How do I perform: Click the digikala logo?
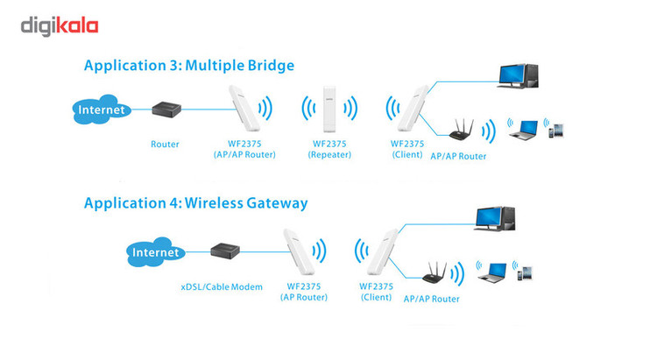[60, 26]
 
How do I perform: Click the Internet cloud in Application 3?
[102, 109]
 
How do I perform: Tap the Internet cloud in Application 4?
[155, 252]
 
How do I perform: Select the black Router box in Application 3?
[166, 109]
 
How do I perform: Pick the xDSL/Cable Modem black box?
[225, 251]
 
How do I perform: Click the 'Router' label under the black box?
[165, 145]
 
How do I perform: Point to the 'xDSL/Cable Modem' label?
[222, 287]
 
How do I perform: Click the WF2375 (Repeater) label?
[329, 149]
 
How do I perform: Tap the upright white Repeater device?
[329, 109]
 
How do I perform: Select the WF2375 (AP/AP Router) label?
[244, 149]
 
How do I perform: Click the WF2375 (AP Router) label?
[304, 292]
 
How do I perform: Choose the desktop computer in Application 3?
[518, 76]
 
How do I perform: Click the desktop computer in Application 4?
[495, 219]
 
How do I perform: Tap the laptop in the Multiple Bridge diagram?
[524, 130]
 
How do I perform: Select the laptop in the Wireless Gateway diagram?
[492, 272]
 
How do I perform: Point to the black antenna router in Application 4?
[434, 273]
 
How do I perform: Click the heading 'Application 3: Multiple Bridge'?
[189, 66]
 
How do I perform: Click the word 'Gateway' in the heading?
[277, 204]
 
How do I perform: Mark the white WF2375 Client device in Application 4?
[382, 252]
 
